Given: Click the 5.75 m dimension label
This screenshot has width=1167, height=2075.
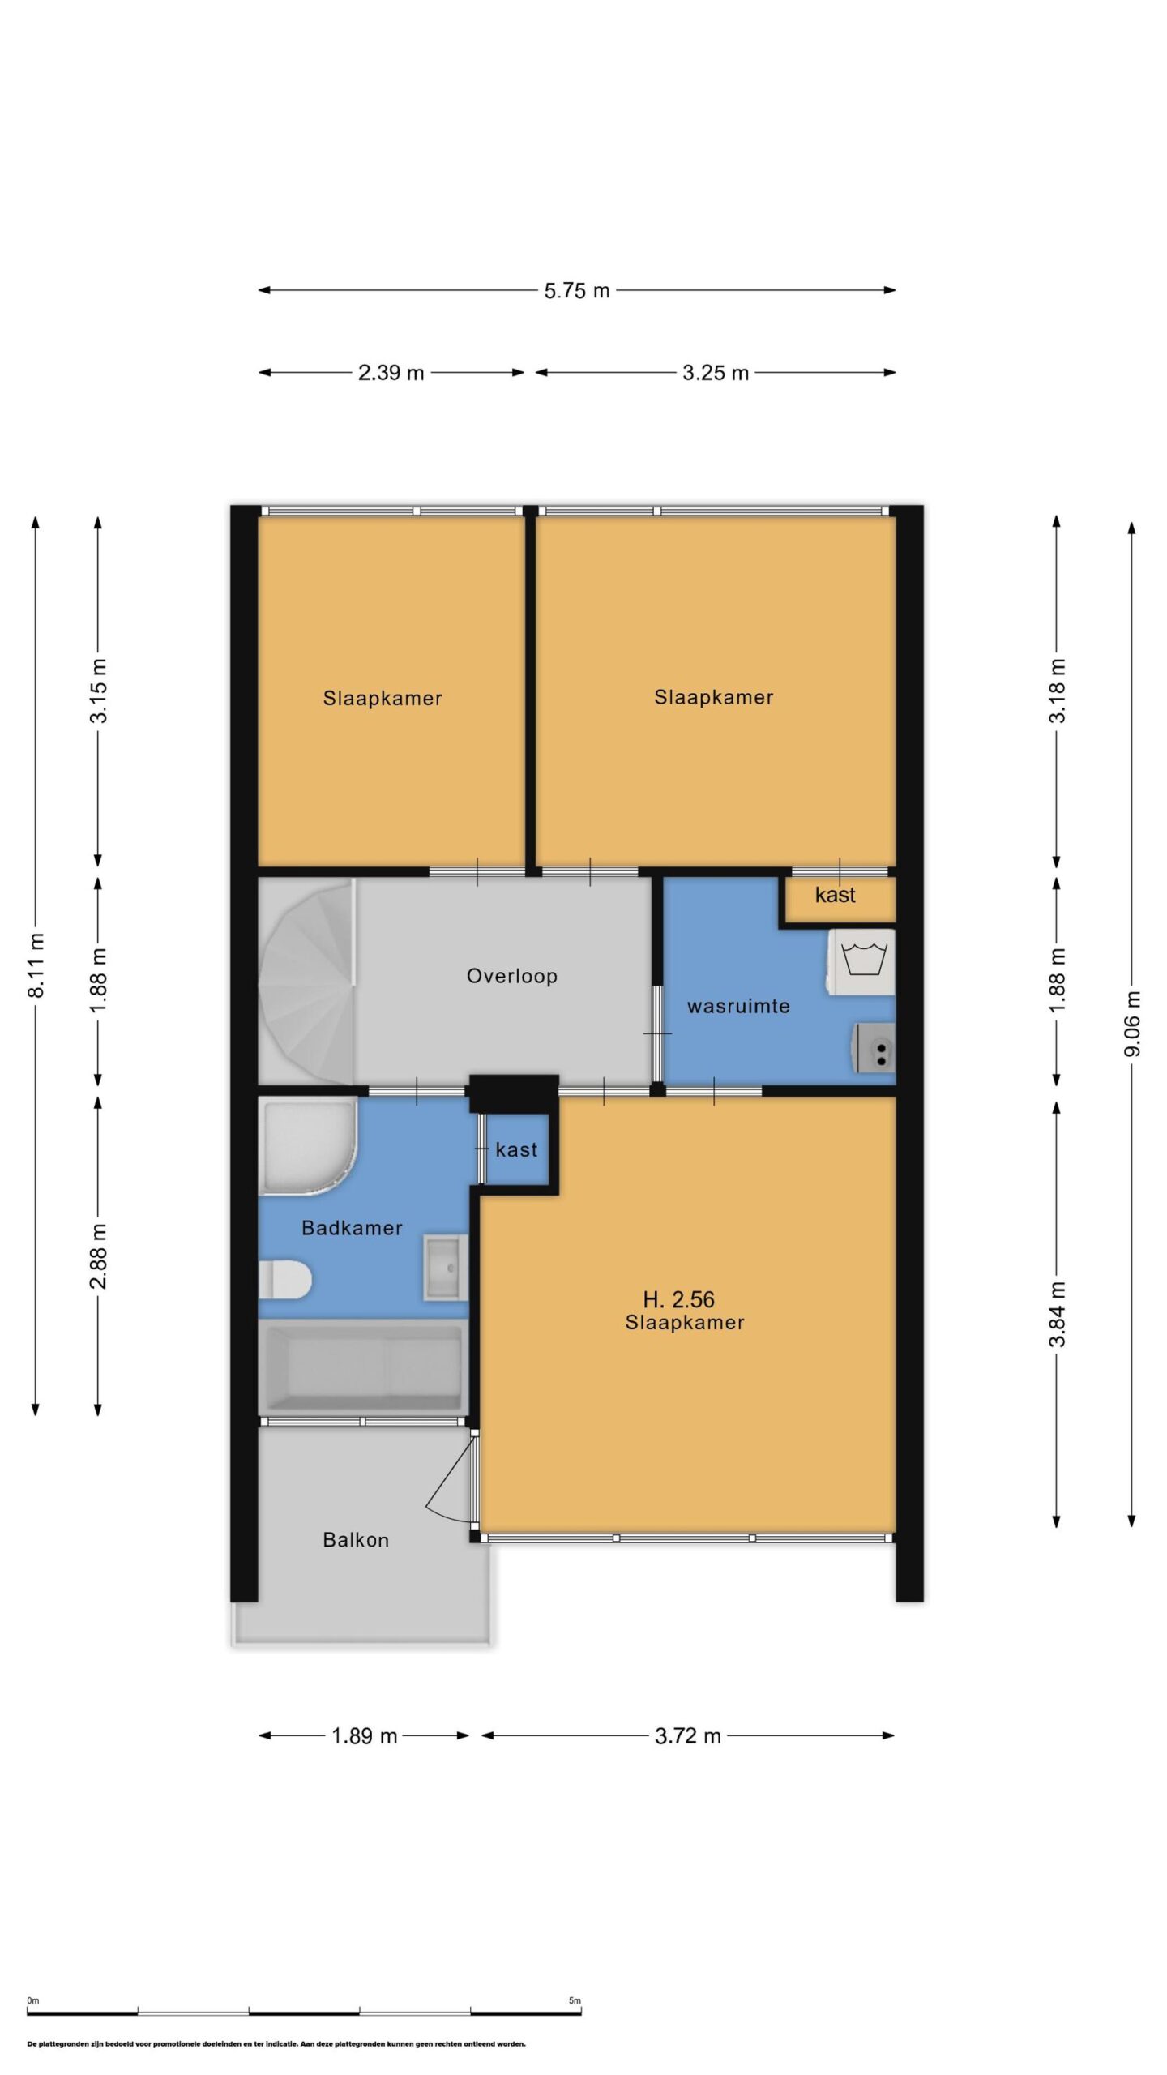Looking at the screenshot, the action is (576, 290).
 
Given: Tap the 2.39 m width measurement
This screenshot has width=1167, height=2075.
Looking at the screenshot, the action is (391, 373).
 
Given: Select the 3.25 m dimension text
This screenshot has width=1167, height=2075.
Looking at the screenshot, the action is (715, 373).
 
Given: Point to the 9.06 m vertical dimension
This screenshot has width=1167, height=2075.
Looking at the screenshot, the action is (1132, 1024).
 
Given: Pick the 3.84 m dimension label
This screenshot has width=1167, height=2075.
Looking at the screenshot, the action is (1057, 1314).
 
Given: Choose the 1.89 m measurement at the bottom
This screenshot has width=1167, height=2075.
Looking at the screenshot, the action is (364, 1735).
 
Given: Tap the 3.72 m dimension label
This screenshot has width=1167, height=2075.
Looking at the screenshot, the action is (687, 1735).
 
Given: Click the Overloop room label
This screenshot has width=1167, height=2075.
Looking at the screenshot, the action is (511, 976).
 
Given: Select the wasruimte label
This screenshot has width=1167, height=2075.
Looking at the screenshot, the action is (738, 1006).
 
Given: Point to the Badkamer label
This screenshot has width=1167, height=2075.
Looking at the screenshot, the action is (352, 1228).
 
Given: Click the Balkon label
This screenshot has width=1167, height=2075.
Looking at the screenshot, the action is (356, 1540).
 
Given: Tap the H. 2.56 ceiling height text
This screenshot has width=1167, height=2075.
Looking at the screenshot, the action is (678, 1299).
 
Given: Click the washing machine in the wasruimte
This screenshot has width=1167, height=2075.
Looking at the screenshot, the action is (861, 961).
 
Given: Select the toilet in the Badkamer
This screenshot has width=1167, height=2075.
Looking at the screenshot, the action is (285, 1281).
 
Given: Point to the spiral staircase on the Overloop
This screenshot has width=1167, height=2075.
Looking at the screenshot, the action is (307, 982).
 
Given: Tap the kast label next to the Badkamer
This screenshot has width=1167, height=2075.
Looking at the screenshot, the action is (516, 1149).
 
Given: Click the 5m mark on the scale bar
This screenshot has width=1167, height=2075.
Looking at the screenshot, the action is (575, 2000).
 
